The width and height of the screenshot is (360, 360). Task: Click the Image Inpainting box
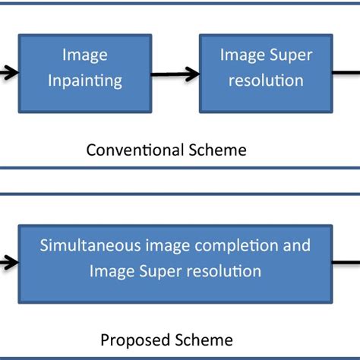click(85, 71)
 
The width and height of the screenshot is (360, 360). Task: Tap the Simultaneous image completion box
click(175, 258)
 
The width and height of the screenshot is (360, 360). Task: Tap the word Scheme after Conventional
click(219, 150)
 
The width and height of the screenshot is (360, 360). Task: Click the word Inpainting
click(85, 81)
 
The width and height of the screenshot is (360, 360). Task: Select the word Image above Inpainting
click(85, 55)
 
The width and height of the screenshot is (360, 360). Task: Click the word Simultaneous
click(85, 245)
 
